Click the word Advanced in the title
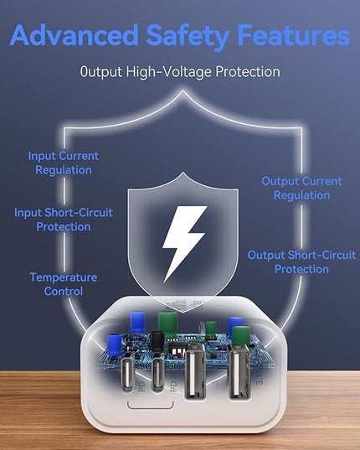(x=75, y=34)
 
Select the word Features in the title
(x=294, y=35)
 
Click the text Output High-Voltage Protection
(x=180, y=72)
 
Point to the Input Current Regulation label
(x=64, y=163)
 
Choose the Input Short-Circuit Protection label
(x=64, y=220)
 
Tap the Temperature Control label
(x=64, y=284)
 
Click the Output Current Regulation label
(x=301, y=188)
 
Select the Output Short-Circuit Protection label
(x=301, y=262)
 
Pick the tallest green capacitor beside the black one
(x=167, y=324)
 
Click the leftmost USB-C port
(x=128, y=375)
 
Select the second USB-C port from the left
(x=157, y=375)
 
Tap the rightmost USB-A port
(x=239, y=372)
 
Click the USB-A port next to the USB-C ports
(x=195, y=372)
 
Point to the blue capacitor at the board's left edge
(x=115, y=345)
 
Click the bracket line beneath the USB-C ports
(x=151, y=407)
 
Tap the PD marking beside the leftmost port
(x=141, y=387)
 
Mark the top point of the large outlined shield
(x=183, y=91)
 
